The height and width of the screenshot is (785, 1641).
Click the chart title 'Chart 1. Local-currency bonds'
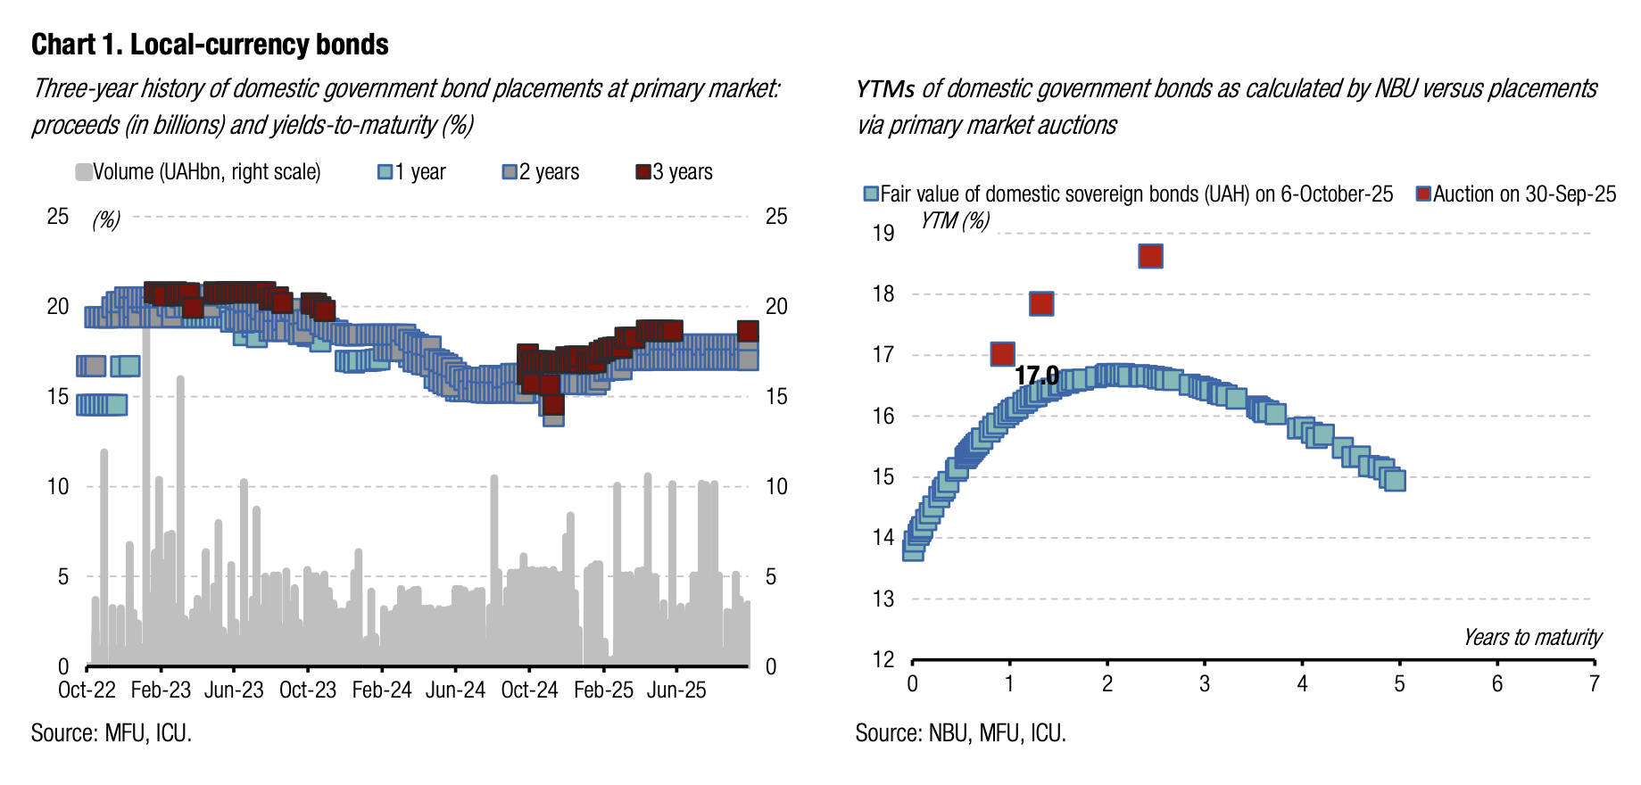210,45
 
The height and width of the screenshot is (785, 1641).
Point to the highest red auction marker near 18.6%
1150,256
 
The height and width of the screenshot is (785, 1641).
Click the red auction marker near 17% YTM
1002,354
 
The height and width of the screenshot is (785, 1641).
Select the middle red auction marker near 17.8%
1041,303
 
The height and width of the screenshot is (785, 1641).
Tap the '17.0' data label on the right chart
1037,376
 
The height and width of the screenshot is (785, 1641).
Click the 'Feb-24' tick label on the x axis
382,690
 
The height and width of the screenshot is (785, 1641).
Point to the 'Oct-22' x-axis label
87,690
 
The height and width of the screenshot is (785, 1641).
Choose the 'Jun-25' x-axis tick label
676,690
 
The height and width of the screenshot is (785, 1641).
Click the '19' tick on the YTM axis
883,234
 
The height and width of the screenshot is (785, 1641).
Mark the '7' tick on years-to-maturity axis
1594,684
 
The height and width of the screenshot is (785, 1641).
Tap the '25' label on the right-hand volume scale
776,217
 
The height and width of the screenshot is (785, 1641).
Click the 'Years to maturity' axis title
1531,638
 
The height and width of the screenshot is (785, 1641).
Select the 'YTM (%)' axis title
955,220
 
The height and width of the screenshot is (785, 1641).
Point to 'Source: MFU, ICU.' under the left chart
112,733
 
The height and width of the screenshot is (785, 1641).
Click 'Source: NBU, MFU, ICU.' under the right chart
960,733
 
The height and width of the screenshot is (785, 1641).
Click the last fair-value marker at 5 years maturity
1394,480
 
